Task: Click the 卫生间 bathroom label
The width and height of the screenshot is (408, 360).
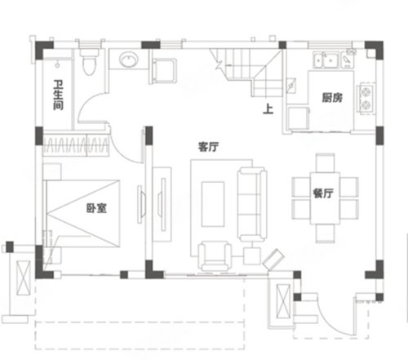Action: (58, 95)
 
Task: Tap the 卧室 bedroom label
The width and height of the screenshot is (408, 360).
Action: (96, 208)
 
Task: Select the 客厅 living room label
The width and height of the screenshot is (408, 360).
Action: (208, 147)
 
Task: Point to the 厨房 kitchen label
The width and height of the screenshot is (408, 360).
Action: (332, 98)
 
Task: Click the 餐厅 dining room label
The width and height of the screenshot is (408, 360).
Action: (323, 193)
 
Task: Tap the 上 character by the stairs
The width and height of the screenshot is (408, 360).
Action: (268, 109)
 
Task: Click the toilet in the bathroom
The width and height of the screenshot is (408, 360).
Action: (89, 62)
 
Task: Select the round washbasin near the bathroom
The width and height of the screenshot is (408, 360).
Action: (129, 60)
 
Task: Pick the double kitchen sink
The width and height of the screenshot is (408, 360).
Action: (326, 60)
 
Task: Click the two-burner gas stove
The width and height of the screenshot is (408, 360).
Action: (366, 98)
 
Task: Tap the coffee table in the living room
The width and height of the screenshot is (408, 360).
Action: (213, 204)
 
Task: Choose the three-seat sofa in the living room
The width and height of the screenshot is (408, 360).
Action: (252, 204)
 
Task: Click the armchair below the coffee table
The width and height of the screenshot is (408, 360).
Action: (215, 256)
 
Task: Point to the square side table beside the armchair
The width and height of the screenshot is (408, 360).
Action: (252, 256)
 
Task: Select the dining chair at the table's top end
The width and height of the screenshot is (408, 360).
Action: (325, 162)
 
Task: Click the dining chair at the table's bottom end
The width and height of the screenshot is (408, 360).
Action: (325, 233)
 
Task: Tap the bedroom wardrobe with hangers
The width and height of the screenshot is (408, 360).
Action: (76, 145)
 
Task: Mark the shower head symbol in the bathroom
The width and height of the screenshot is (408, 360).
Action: (57, 64)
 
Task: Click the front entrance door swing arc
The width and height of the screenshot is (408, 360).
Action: (333, 320)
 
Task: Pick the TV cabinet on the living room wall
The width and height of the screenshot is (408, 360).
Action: (162, 204)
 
